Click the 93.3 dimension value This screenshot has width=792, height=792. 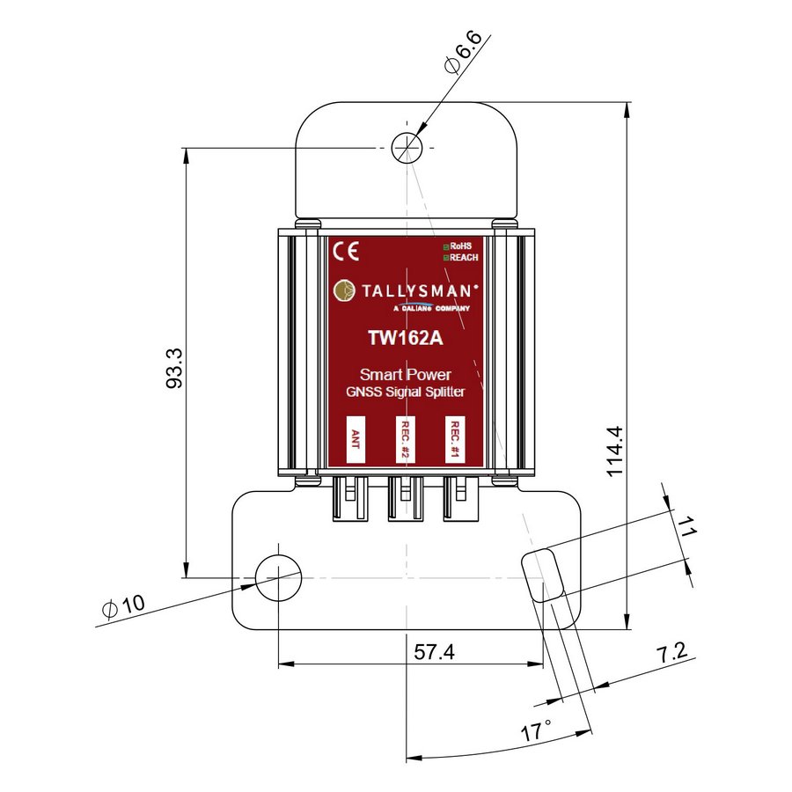click(173, 368)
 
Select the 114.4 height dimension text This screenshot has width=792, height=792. click(615, 451)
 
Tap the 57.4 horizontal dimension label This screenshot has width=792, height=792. click(434, 651)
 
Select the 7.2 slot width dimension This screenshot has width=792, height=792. click(671, 652)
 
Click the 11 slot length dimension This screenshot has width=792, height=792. click(686, 526)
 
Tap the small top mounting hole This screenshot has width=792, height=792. click(407, 148)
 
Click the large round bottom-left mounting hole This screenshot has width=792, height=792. click(279, 578)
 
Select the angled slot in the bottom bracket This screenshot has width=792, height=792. click(542, 576)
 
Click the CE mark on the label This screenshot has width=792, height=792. click(346, 251)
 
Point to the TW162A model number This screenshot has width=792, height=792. click(405, 338)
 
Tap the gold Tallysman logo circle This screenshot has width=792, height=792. click(344, 290)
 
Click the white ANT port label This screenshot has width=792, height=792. click(356, 439)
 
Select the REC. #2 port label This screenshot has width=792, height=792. click(405, 439)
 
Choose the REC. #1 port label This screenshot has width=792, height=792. click(455, 439)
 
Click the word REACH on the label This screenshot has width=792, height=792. click(464, 258)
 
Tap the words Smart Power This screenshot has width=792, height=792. click(405, 375)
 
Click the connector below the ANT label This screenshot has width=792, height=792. click(350, 498)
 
